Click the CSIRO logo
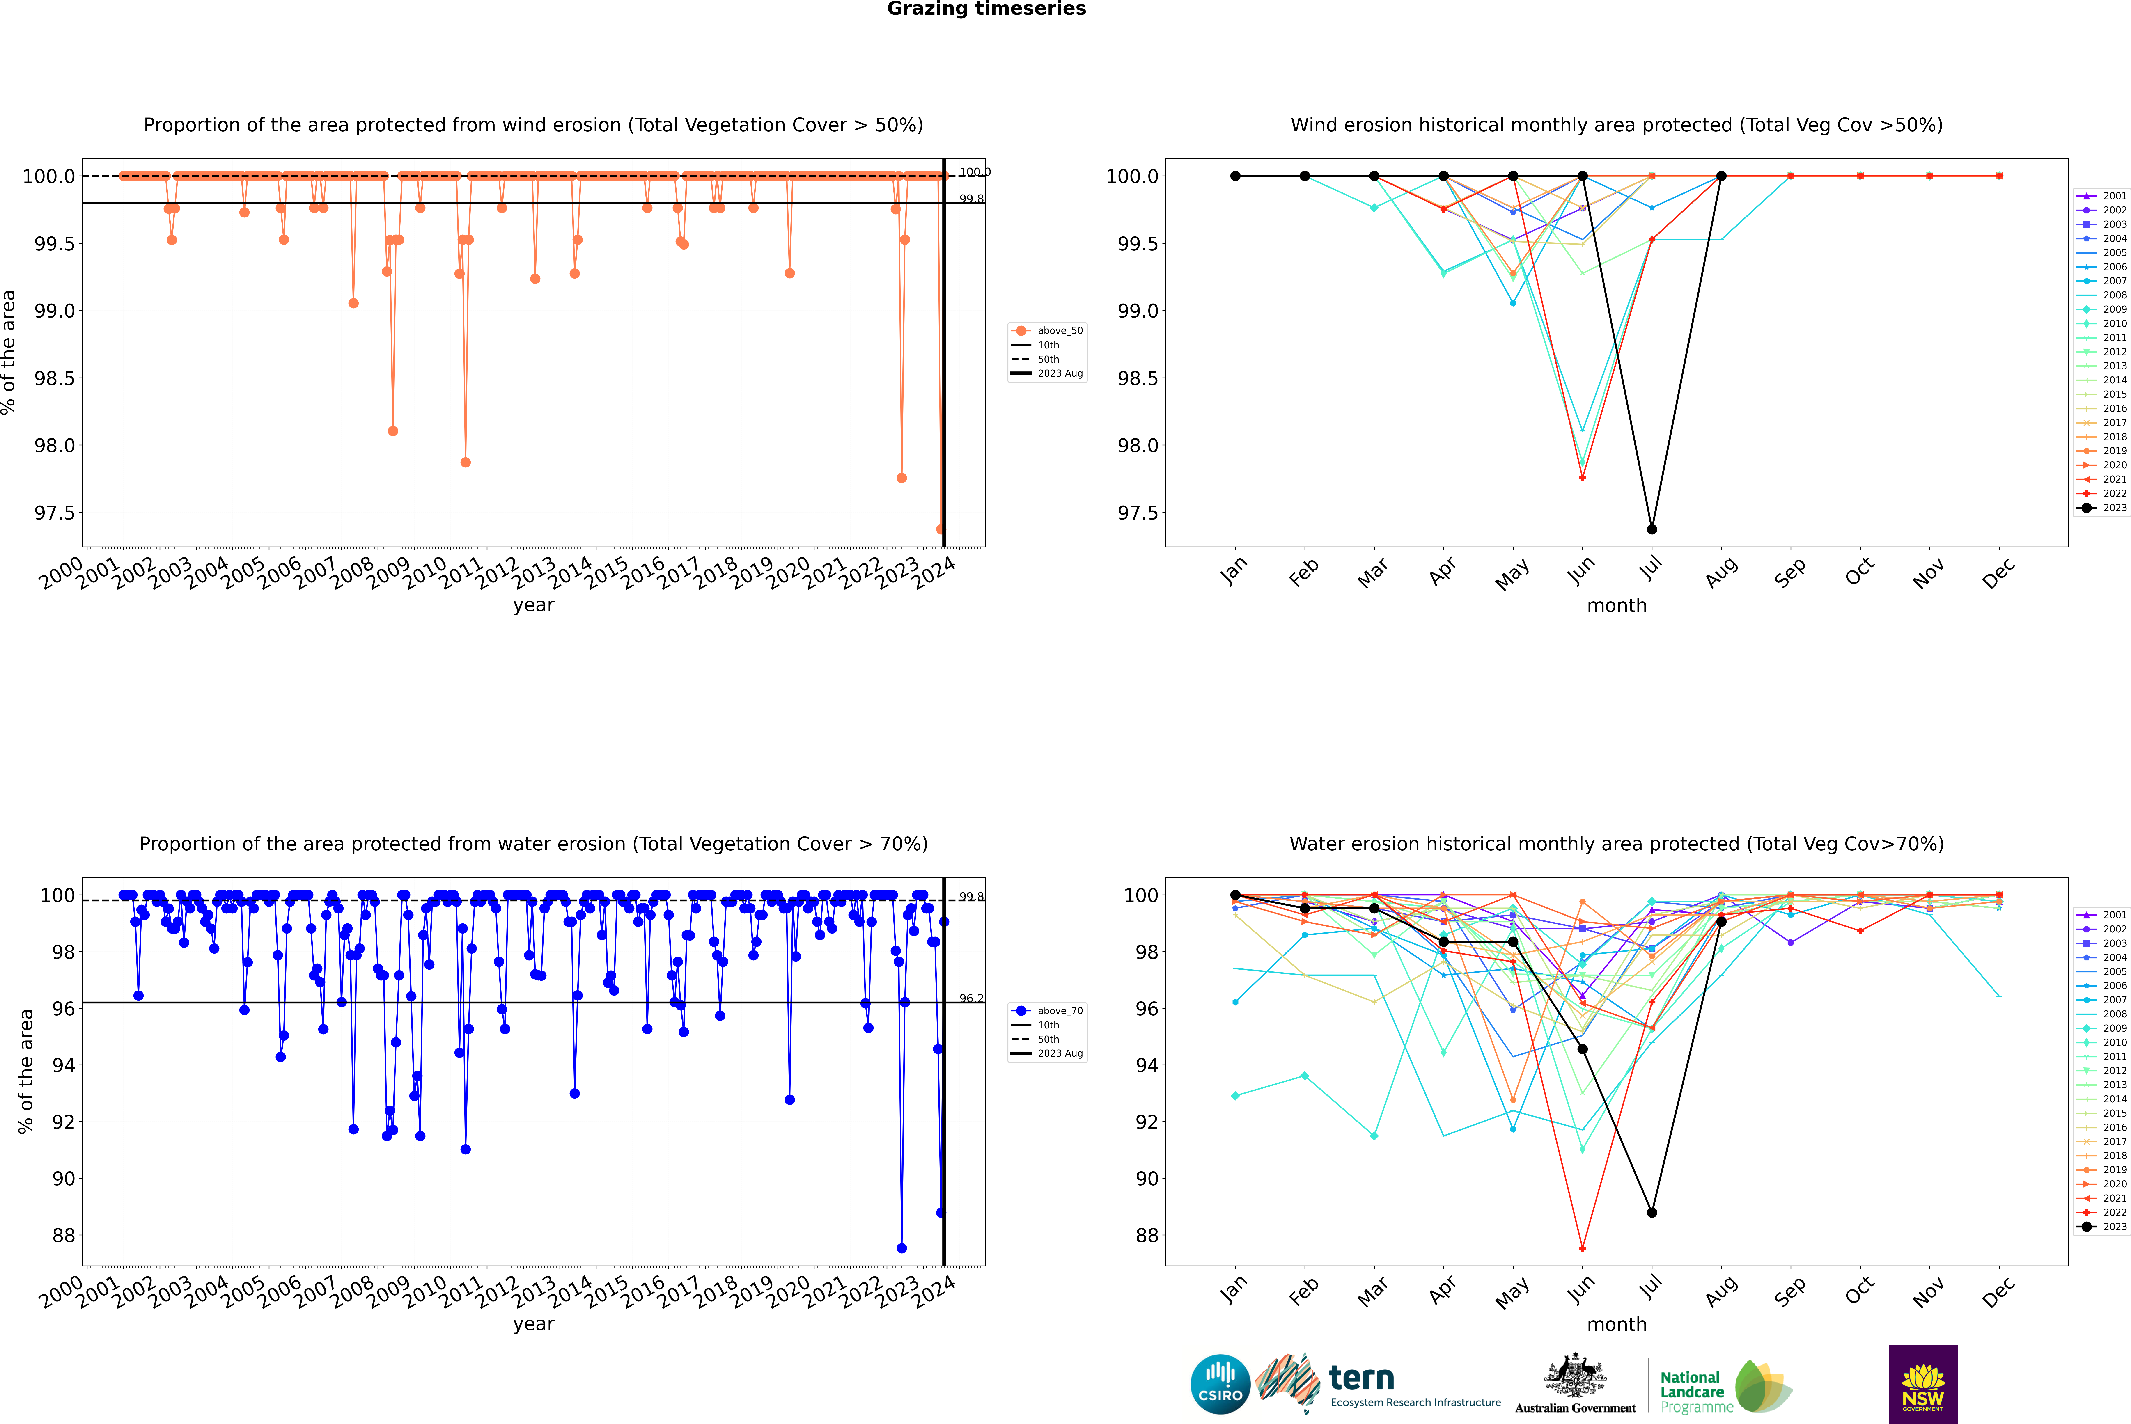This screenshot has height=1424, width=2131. coord(1220,1384)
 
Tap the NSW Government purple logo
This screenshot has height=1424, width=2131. coord(1923,1384)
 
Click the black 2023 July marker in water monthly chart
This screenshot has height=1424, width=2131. coord(1651,1212)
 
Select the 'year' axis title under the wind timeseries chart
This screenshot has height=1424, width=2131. coord(533,605)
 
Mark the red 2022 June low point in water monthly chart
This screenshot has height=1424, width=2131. coord(1582,1248)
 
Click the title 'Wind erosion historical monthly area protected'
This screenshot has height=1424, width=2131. coord(1616,125)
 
